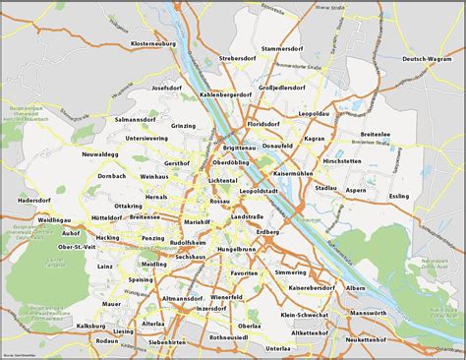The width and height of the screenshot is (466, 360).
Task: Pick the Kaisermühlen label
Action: [x=293, y=173]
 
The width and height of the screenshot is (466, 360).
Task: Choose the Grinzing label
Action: [x=184, y=126]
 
